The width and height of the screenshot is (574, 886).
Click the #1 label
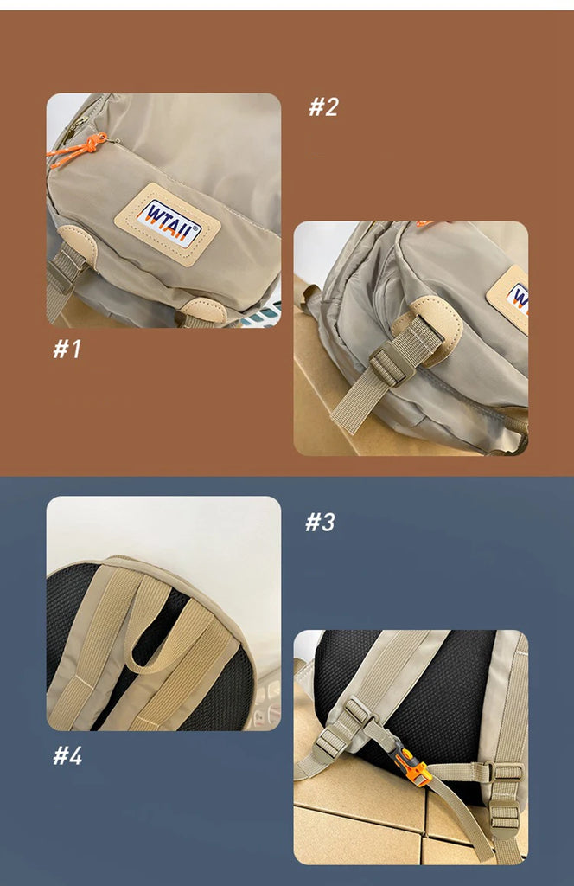pos(67,350)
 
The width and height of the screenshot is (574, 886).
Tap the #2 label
pos(323,106)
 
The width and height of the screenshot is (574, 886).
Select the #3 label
pos(320,522)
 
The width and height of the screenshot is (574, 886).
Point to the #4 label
pos(67,754)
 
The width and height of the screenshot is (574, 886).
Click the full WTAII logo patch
pos(168,224)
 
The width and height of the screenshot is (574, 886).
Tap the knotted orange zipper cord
pos(77,150)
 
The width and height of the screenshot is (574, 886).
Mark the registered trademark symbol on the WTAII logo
pos(196,228)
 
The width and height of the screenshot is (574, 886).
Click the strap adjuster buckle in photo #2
pos(390,364)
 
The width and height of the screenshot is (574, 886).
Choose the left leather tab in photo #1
pos(79,244)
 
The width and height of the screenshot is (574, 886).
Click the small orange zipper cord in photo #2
pos(425,224)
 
